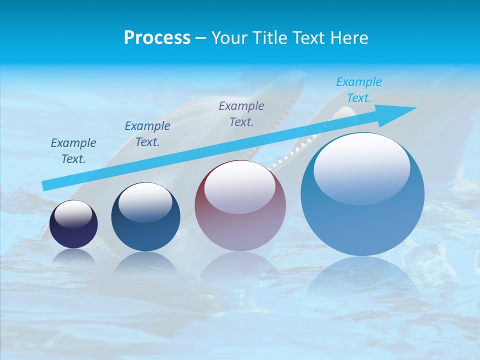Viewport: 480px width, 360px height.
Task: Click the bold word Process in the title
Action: coord(157,38)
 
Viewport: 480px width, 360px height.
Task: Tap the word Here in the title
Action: coord(349,38)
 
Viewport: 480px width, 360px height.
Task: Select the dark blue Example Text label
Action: coord(147,134)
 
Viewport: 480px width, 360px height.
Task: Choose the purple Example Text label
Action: coord(241,114)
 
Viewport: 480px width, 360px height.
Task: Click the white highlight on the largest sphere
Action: coord(361,167)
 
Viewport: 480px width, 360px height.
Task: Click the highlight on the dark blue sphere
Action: coord(145,202)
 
